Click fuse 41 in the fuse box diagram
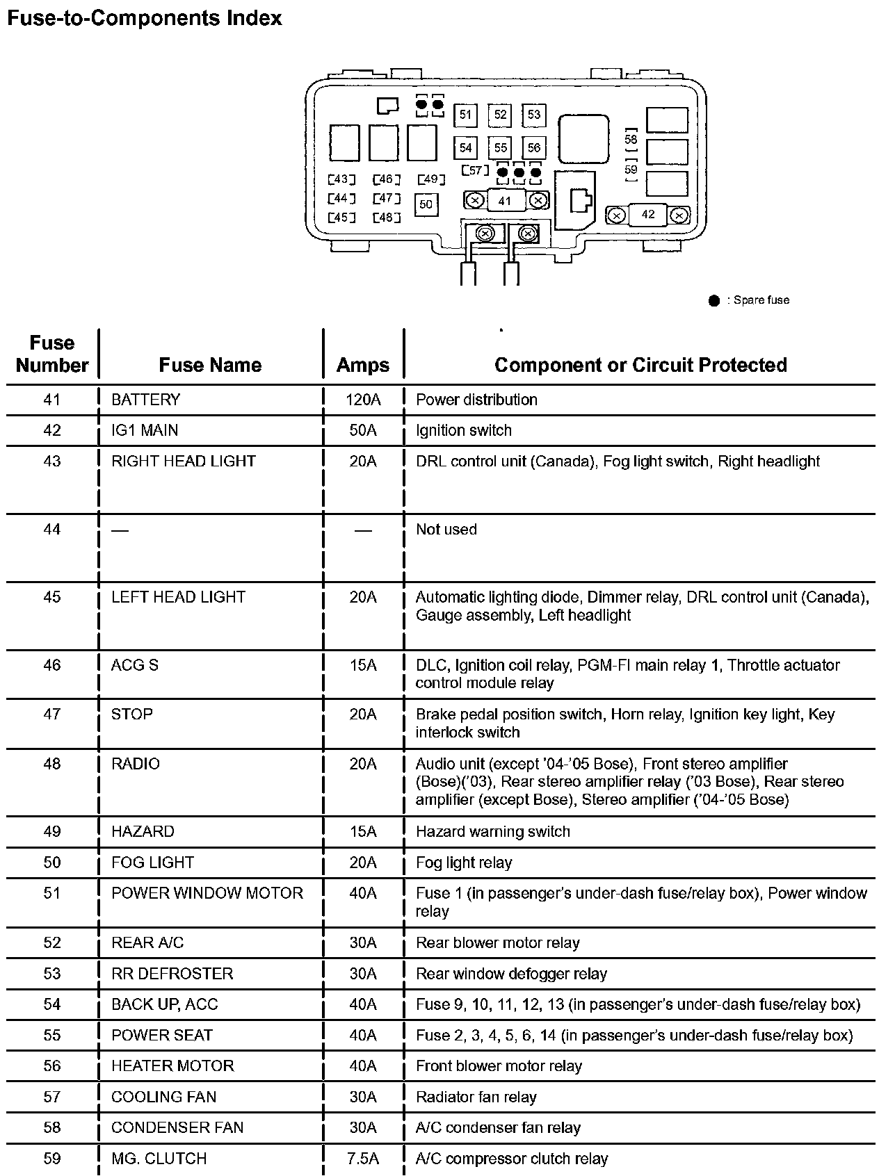pos(506,201)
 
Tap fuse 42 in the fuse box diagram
pos(647,215)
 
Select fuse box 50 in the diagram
pos(426,204)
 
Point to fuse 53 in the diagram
pos(533,115)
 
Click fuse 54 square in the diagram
pos(465,147)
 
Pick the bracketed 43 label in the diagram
pos(341,180)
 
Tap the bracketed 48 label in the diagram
pos(387,218)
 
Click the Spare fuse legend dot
pos(713,301)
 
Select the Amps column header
pos(362,366)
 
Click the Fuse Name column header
pos(210,366)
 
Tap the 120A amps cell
pos(363,400)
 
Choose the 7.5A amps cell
pos(363,1159)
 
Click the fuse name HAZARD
pos(143,831)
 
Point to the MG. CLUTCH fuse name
pos(159,1159)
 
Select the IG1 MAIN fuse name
pos(145,430)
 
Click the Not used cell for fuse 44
pos(446,530)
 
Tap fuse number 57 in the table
pos(52,1097)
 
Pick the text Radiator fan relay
pos(476,1097)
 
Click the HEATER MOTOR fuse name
pos(172,1066)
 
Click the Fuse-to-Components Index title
pos(145,18)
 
